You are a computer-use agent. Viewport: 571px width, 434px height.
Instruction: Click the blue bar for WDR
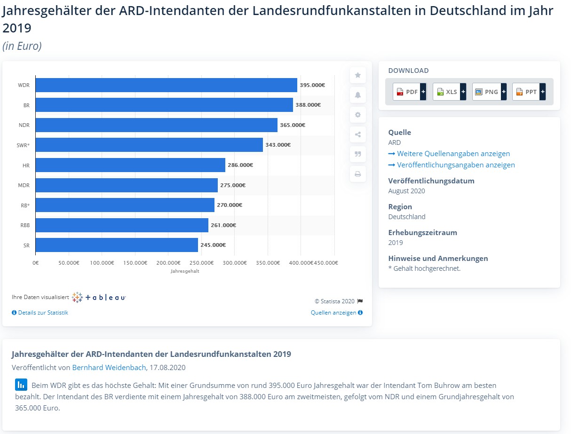pyautogui.click(x=166, y=85)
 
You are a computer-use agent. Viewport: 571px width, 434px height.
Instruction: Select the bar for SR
pyautogui.click(x=117, y=245)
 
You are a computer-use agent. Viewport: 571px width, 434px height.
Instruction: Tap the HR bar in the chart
pyautogui.click(x=130, y=165)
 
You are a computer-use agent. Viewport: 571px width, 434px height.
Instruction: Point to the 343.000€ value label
pyautogui.click(x=278, y=145)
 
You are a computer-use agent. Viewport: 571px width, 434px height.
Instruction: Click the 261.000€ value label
pyautogui.click(x=223, y=225)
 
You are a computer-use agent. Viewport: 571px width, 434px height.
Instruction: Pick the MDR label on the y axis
pyautogui.click(x=24, y=185)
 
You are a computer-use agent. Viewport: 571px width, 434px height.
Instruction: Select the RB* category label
pyautogui.click(x=24, y=205)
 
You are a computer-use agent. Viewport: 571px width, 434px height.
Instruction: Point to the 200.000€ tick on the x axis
pyautogui.click(x=168, y=263)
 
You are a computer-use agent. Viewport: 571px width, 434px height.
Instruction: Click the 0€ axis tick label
pyautogui.click(x=36, y=263)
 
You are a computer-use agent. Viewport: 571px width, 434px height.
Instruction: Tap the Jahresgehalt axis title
pyautogui.click(x=185, y=271)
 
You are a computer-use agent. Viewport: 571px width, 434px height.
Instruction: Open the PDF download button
pyautogui.click(x=410, y=92)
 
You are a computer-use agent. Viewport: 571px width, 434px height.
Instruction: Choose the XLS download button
pyautogui.click(x=449, y=92)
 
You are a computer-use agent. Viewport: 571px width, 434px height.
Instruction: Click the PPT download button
pyautogui.click(x=529, y=92)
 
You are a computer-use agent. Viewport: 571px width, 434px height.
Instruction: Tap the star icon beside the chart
pyautogui.click(x=357, y=75)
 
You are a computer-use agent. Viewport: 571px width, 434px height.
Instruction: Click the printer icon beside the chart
pyautogui.click(x=357, y=174)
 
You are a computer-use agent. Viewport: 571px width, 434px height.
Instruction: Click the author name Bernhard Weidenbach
pyautogui.click(x=109, y=367)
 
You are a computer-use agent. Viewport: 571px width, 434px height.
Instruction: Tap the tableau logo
pyautogui.click(x=99, y=297)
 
